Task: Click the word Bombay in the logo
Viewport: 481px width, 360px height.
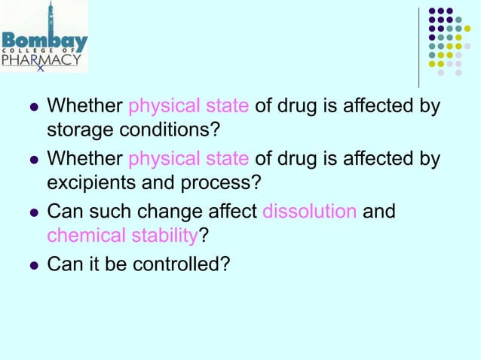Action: pyautogui.click(x=44, y=39)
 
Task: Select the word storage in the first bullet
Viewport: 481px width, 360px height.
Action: pyautogui.click(x=78, y=130)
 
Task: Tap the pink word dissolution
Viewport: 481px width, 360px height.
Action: pyautogui.click(x=309, y=211)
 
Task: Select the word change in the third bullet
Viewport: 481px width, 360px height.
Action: pyautogui.click(x=155, y=211)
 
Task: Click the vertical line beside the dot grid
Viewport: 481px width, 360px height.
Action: pyautogui.click(x=418, y=47)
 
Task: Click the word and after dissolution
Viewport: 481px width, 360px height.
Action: pyautogui.click(x=378, y=211)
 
